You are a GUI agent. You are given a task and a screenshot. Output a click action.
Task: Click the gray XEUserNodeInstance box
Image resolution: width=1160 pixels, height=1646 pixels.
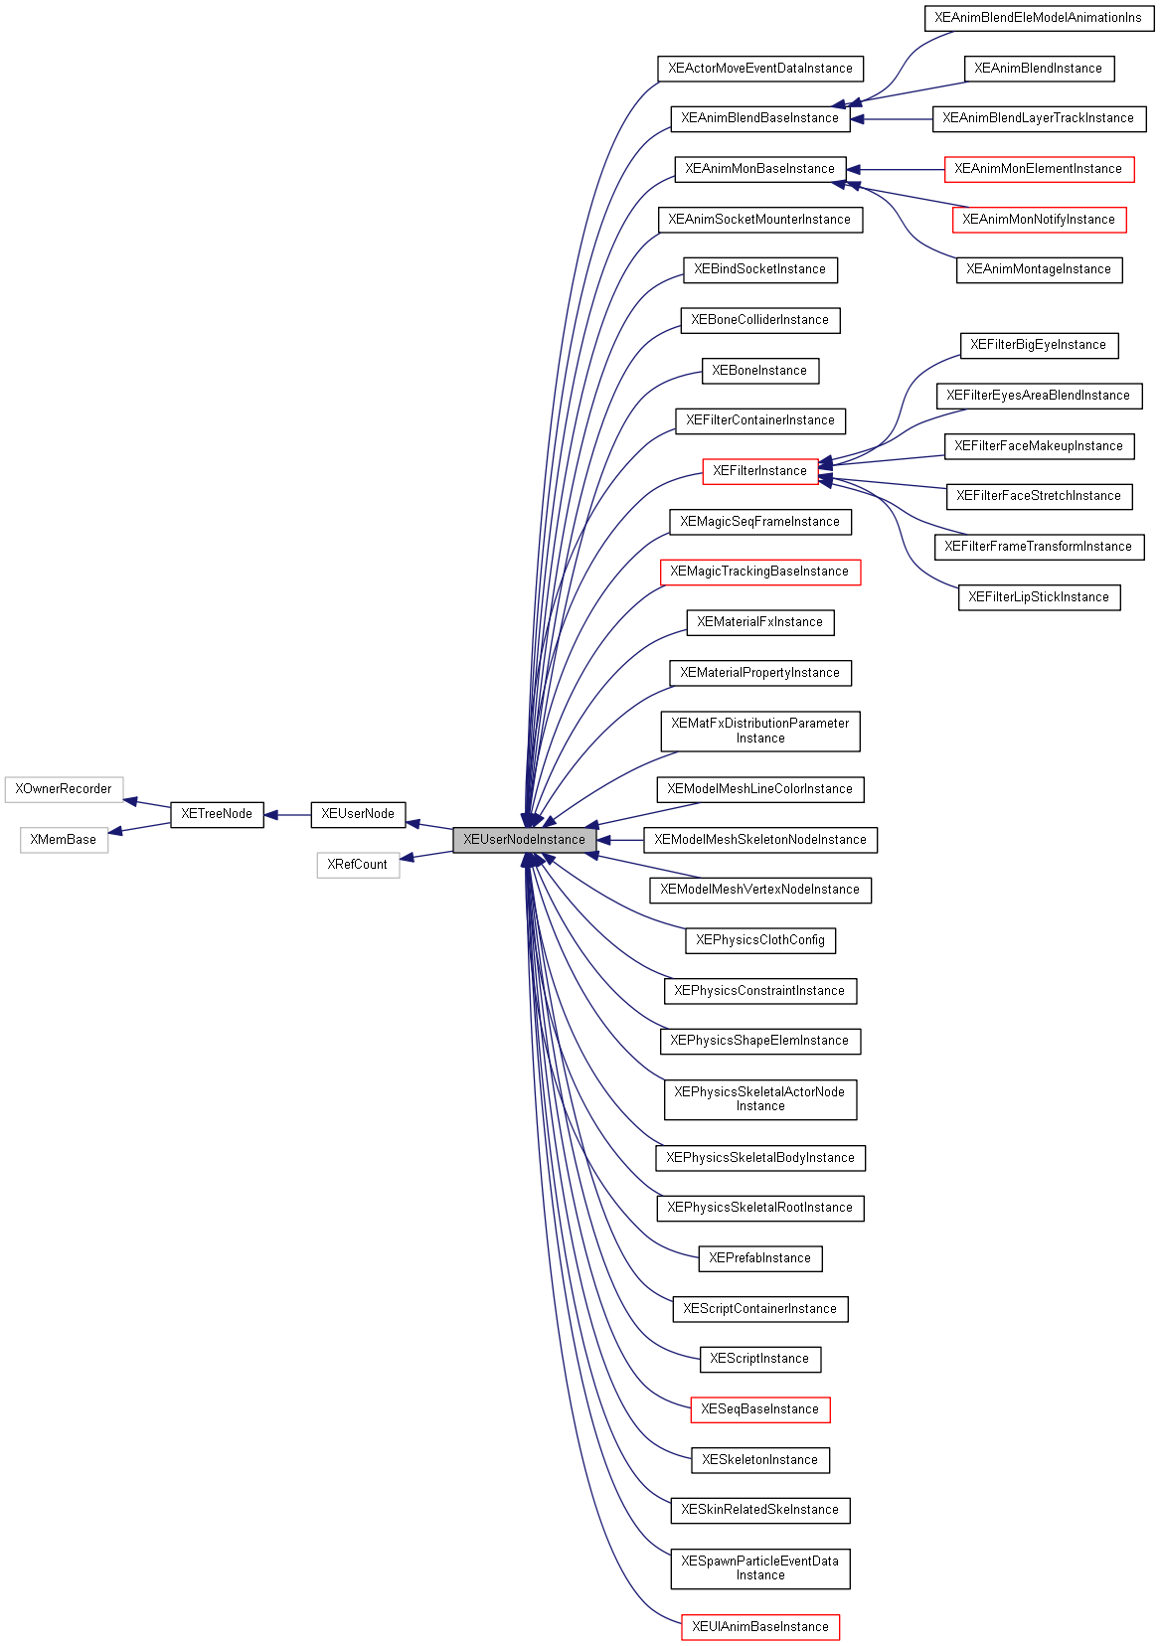pos(524,840)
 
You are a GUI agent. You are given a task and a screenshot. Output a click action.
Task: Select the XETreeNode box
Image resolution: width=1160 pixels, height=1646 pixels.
pos(217,814)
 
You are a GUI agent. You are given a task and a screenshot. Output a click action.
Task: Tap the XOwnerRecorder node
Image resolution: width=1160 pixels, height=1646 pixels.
pos(64,789)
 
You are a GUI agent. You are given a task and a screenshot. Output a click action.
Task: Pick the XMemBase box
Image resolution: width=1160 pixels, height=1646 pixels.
pos(64,840)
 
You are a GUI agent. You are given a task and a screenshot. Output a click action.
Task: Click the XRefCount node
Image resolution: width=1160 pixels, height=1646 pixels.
pos(358,865)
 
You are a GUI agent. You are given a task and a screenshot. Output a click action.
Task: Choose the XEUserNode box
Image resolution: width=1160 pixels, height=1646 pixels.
pos(358,814)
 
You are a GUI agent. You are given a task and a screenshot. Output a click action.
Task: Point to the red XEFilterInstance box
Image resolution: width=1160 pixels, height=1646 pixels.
pos(759,471)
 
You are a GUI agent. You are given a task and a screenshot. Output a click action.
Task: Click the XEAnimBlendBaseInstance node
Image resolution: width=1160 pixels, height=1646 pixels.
pos(759,118)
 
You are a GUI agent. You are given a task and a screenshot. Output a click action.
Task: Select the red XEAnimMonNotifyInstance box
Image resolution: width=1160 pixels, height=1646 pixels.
pos(1039,220)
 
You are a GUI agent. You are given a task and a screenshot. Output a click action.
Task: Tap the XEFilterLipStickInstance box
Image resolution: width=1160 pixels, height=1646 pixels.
pos(1039,597)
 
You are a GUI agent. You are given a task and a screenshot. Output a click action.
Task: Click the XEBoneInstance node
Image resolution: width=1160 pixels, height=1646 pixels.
pos(759,371)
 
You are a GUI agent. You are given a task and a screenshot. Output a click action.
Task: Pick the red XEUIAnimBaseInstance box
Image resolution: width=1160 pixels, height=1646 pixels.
pos(759,1627)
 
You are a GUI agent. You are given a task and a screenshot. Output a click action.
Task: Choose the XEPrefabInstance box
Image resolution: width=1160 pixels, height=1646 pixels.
pos(759,1258)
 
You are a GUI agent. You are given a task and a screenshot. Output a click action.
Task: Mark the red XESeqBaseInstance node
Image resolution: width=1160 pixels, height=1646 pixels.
pos(759,1409)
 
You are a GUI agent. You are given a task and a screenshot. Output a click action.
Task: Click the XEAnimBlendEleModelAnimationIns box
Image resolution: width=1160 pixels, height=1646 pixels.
pos(1039,18)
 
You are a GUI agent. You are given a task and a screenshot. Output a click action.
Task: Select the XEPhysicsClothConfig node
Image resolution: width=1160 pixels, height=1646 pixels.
pos(759,940)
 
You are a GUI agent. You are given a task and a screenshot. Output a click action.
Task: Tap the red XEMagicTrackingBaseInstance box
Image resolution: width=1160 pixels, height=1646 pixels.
pos(759,572)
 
